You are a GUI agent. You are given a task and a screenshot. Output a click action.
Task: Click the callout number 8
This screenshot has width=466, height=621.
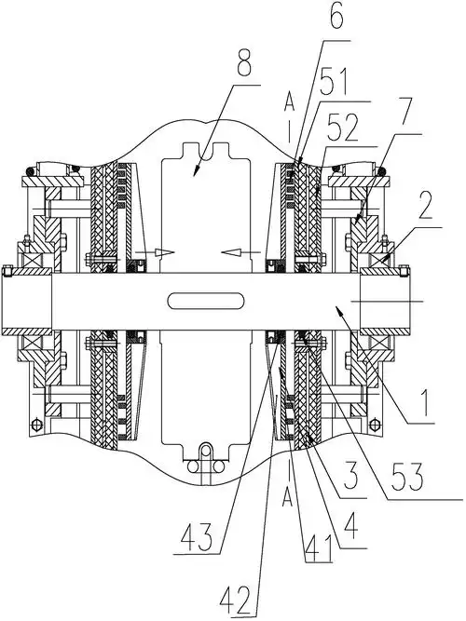point(244,63)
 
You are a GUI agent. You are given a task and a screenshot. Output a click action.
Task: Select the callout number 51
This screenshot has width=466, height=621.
point(333,83)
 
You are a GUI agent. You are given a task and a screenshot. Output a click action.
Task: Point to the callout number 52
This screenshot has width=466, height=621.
point(343,128)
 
